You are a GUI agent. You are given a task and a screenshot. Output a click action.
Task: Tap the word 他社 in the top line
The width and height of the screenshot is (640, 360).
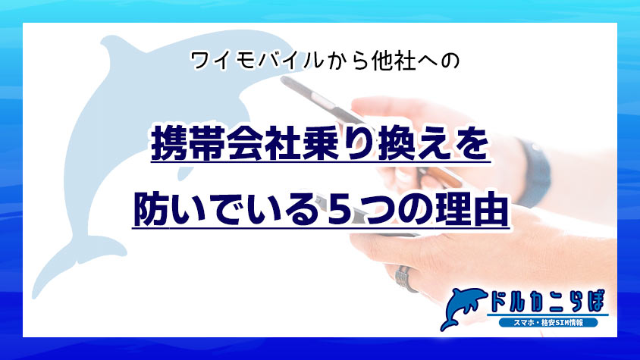(374, 60)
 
